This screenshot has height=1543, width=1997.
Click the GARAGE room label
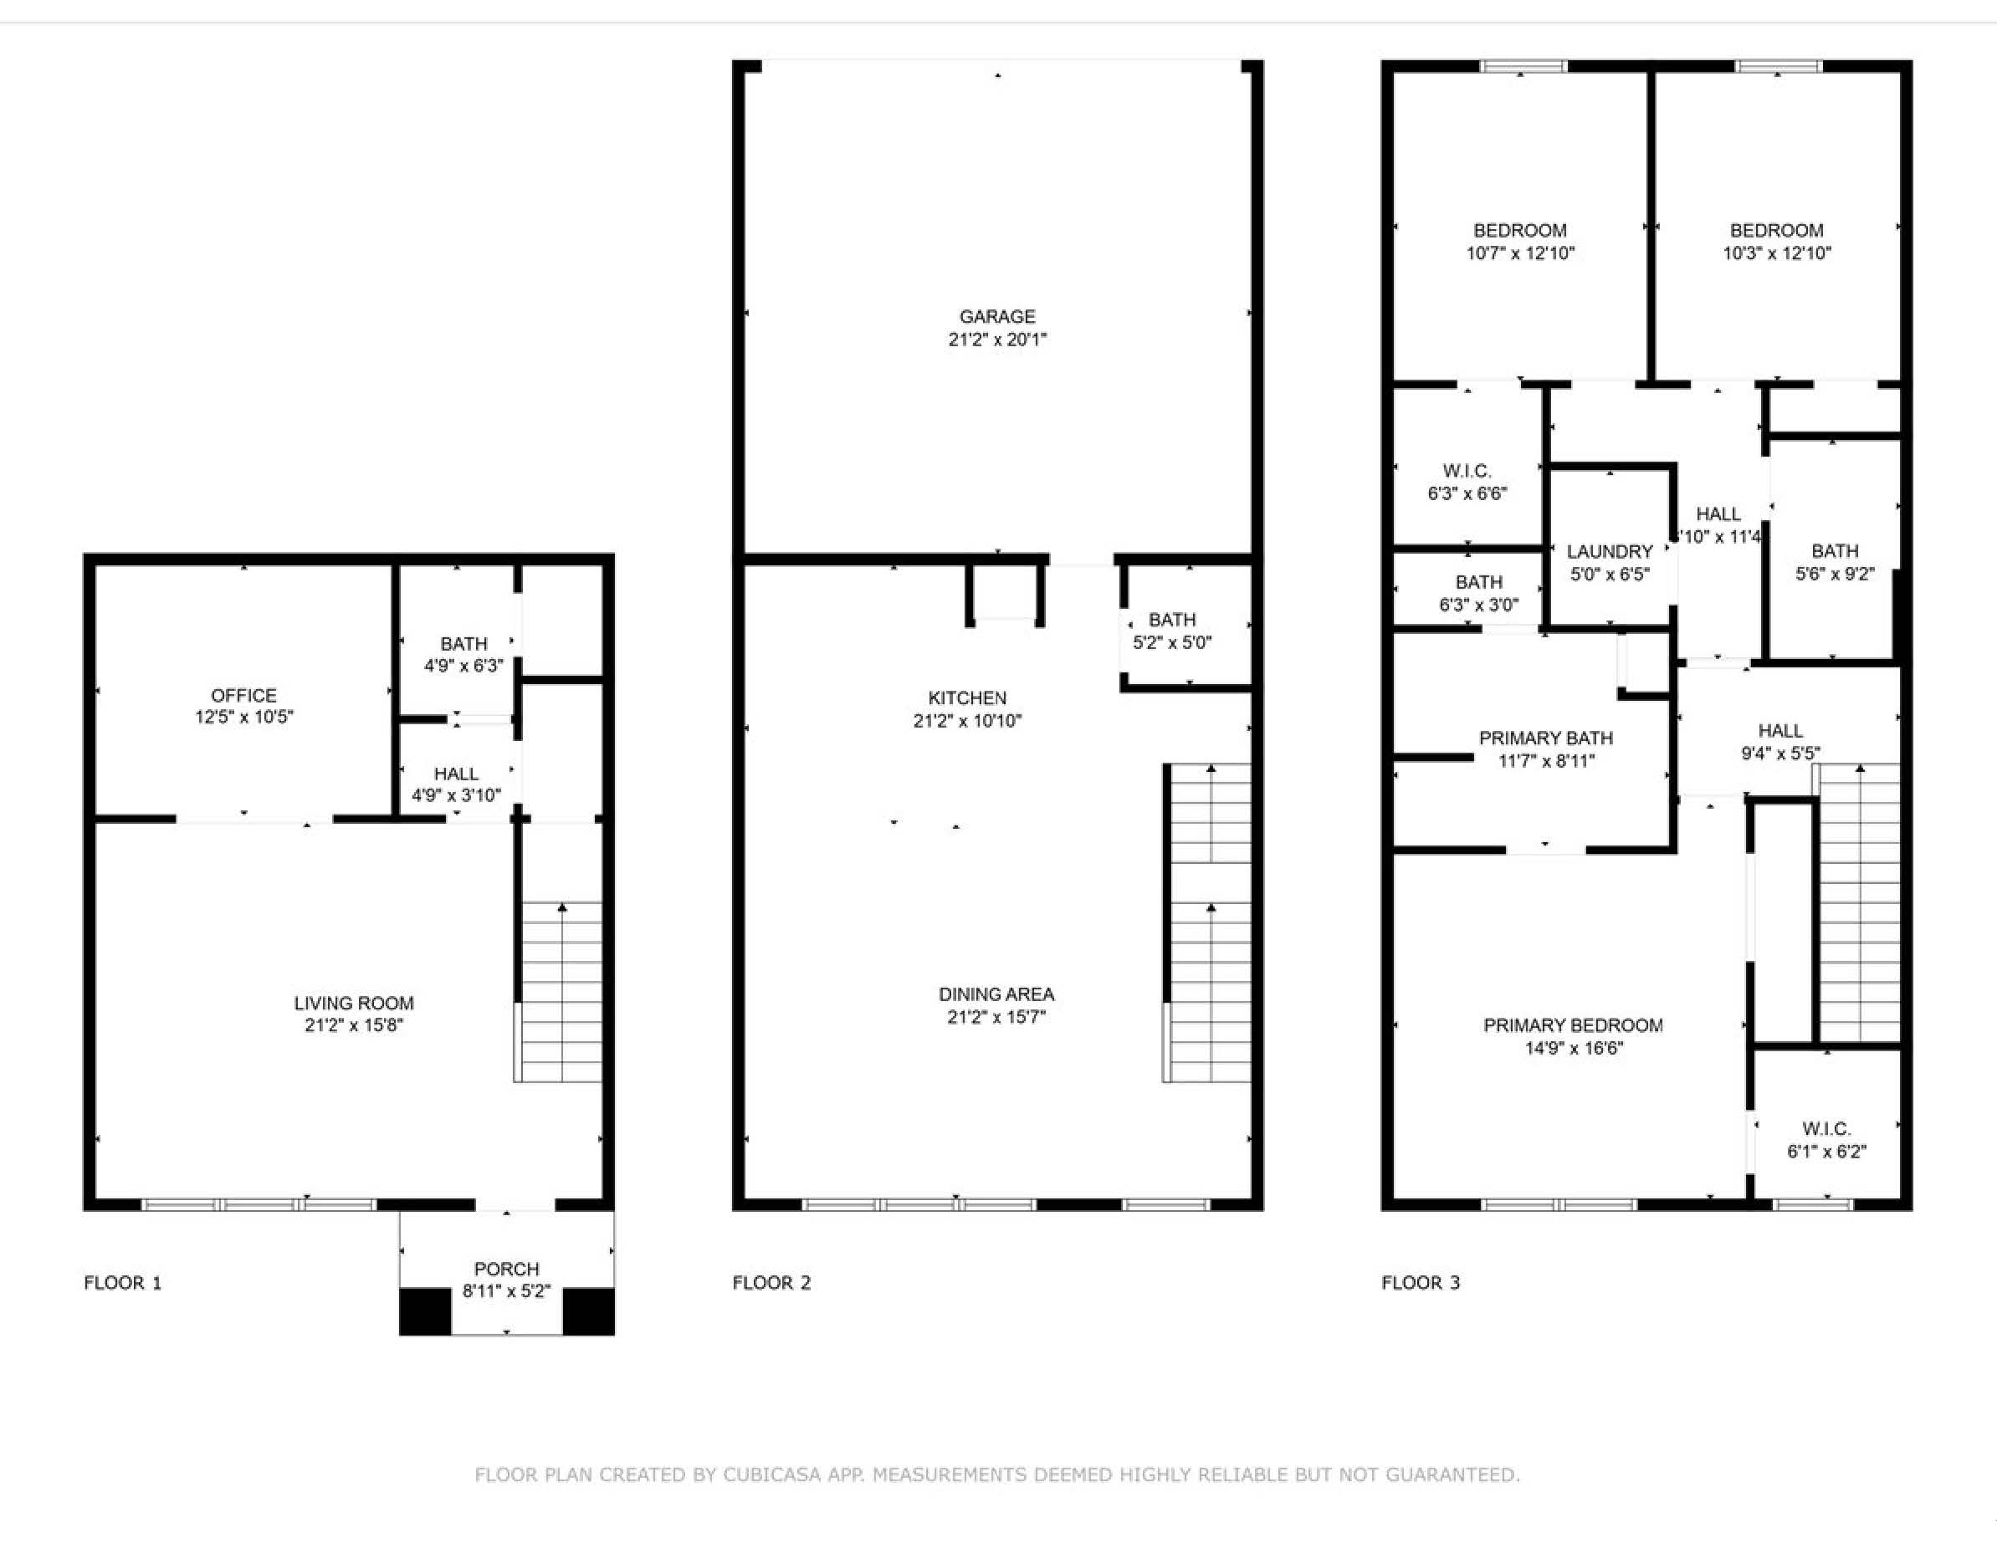996,316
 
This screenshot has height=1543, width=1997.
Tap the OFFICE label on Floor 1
243,695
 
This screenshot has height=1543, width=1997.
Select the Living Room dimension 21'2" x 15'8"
354,1024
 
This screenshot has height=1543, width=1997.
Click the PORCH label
506,1269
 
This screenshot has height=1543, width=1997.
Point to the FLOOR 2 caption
771,1282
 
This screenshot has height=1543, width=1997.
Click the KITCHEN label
966,698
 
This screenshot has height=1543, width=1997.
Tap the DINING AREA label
996,994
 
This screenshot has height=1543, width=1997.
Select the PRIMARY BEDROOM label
1573,1025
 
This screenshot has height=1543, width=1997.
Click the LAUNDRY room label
1610,551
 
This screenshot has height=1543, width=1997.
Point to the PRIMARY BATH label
1545,738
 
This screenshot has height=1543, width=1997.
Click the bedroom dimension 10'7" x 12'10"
1519,253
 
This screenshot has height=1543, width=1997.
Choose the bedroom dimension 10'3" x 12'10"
1777,253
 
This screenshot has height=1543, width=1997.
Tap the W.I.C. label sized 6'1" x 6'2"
1826,1129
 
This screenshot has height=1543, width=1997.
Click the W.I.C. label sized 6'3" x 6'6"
1467,471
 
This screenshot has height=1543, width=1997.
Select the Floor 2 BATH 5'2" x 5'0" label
1172,620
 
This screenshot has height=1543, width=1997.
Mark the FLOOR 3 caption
1420,1282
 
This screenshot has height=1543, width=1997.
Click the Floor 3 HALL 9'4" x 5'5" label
1780,730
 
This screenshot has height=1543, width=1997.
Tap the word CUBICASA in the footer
771,1474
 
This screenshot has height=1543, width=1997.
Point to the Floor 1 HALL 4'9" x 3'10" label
455,774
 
